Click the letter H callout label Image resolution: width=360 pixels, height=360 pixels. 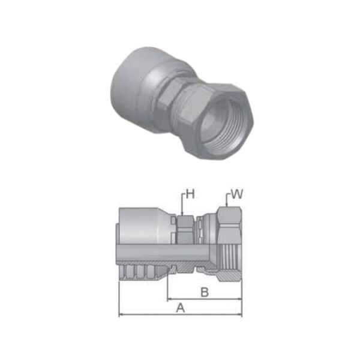190,193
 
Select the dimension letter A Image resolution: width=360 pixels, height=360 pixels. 179,308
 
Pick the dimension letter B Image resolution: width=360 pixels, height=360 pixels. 204,292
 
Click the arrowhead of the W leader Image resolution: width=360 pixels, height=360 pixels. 226,206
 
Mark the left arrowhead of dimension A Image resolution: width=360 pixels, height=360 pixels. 122,314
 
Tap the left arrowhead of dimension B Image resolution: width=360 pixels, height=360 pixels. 169,298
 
